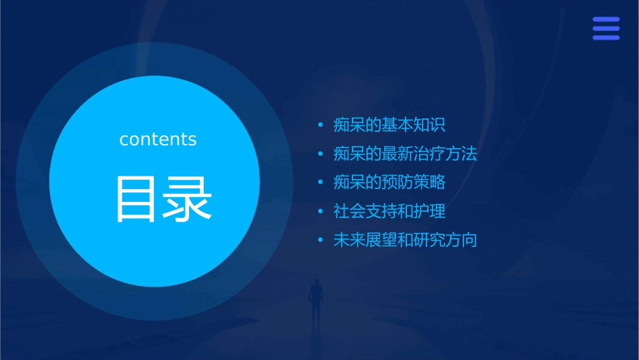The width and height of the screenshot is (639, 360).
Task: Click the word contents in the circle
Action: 158,139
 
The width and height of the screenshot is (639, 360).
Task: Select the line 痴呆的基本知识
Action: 389,125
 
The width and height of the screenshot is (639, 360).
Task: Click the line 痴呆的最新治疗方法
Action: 405,154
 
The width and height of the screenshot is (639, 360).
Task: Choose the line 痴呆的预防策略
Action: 389,182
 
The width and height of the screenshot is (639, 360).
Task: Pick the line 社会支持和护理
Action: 389,211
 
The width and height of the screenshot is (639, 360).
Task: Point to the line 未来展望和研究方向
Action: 405,240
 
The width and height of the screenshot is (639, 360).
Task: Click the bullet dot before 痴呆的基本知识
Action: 321,126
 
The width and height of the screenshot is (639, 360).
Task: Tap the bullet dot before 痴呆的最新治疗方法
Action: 321,155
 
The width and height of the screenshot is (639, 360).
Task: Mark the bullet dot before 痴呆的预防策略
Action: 321,183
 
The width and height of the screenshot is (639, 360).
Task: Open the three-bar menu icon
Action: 606,29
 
